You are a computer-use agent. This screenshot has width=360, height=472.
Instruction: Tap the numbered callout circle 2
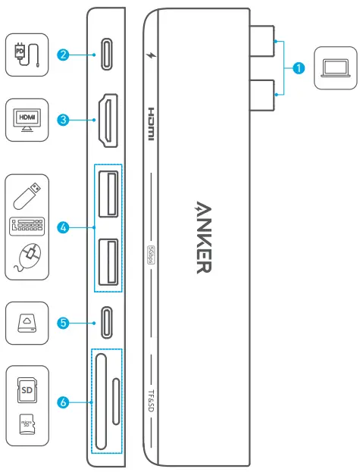65,55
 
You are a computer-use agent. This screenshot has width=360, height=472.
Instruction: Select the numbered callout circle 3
65,120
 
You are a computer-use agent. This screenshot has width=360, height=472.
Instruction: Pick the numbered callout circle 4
65,227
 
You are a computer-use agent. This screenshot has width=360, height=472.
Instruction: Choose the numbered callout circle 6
65,402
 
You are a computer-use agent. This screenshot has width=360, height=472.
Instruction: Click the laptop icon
333,68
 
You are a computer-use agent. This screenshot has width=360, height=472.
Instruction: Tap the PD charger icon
27,55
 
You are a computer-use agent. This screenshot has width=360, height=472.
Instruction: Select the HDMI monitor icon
27,119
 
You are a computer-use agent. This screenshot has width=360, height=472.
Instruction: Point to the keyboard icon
27,227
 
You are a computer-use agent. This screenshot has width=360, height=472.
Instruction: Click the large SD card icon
27,389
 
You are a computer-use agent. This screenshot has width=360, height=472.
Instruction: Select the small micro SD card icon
27,425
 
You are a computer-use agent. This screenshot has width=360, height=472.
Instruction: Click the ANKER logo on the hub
204,238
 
